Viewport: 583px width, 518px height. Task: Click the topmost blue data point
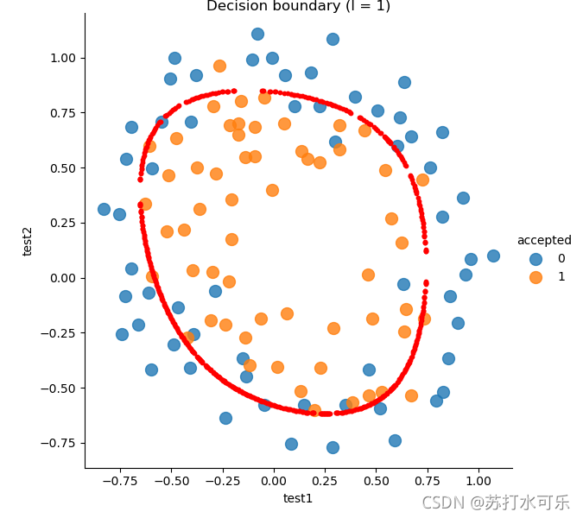coord(257,35)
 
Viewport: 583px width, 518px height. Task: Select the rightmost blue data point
coord(493,256)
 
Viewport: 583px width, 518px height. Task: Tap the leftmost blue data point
coord(105,209)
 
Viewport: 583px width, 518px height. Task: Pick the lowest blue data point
coord(333,447)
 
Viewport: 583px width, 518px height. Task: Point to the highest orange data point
coord(219,66)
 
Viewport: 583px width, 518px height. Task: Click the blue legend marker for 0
coord(535,259)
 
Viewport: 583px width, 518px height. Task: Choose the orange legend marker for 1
coord(535,277)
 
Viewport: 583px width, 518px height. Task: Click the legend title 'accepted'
coord(544,240)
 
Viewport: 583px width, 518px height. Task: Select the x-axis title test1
coord(298,498)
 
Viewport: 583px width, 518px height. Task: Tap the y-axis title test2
coord(27,242)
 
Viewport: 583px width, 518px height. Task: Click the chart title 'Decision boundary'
coord(273,5)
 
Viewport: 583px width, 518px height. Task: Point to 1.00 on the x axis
coord(478,481)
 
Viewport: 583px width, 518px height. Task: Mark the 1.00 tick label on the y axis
coord(63,59)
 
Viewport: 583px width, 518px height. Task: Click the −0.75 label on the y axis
coord(58,443)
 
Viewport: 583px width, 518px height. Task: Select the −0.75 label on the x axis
coord(120,481)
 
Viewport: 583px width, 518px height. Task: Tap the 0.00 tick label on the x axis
coord(274,481)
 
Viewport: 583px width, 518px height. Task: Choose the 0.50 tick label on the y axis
coord(63,168)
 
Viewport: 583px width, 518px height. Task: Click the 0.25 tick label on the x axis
coord(325,481)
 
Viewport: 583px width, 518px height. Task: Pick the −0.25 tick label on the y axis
coord(58,333)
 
